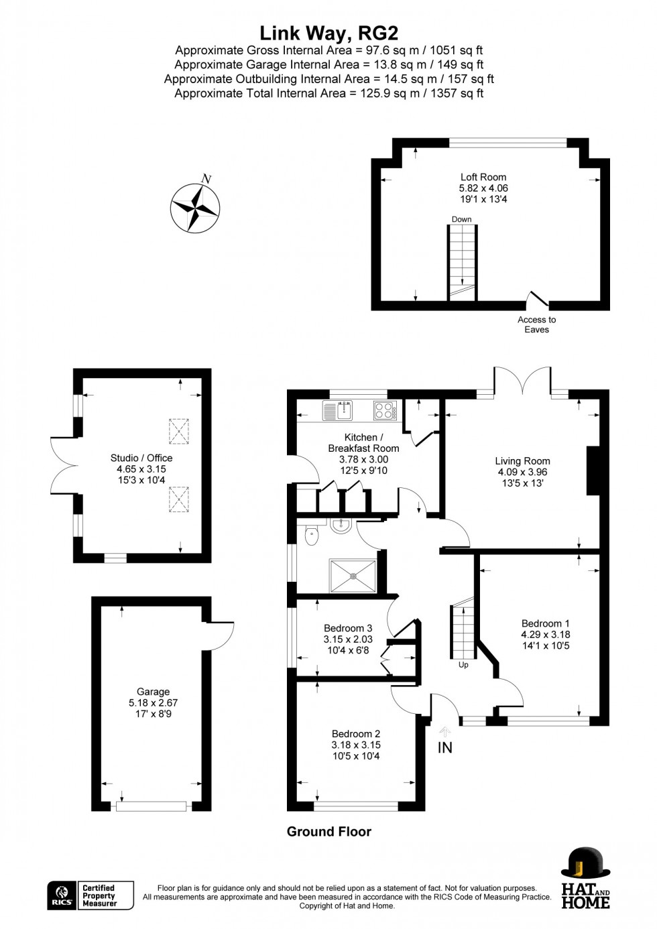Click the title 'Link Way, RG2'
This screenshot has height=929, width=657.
(x=328, y=33)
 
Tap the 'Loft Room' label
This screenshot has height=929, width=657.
(x=483, y=178)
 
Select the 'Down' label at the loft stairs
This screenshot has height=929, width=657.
(x=461, y=219)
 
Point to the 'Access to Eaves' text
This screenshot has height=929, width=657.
(x=536, y=324)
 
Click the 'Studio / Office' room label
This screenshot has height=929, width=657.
(x=141, y=458)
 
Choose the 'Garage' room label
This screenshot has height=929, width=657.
(x=153, y=692)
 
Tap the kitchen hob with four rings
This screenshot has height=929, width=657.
(x=385, y=410)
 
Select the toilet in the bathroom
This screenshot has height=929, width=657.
(x=311, y=536)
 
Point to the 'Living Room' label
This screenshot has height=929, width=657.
(x=522, y=461)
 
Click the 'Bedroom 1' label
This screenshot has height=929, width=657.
(x=545, y=623)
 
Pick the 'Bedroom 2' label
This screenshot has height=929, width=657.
(x=355, y=734)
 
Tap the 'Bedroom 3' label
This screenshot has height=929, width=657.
(x=347, y=628)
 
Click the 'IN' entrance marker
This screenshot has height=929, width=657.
(x=444, y=747)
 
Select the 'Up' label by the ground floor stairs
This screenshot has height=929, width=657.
(x=463, y=665)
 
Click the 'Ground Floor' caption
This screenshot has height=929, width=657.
(x=328, y=831)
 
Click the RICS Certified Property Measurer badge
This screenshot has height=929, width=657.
(x=91, y=895)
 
